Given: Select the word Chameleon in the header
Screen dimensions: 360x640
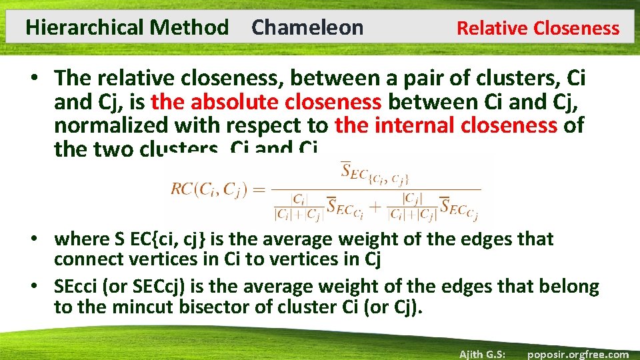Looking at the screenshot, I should click(307, 28).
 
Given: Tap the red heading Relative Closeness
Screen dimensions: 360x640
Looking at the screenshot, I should click(537, 29).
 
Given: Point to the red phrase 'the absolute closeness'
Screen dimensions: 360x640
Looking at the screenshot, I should click(266, 101).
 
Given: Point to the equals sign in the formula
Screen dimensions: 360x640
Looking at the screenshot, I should click(259, 189).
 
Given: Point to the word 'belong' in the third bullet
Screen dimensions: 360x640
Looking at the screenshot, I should click(569, 287).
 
